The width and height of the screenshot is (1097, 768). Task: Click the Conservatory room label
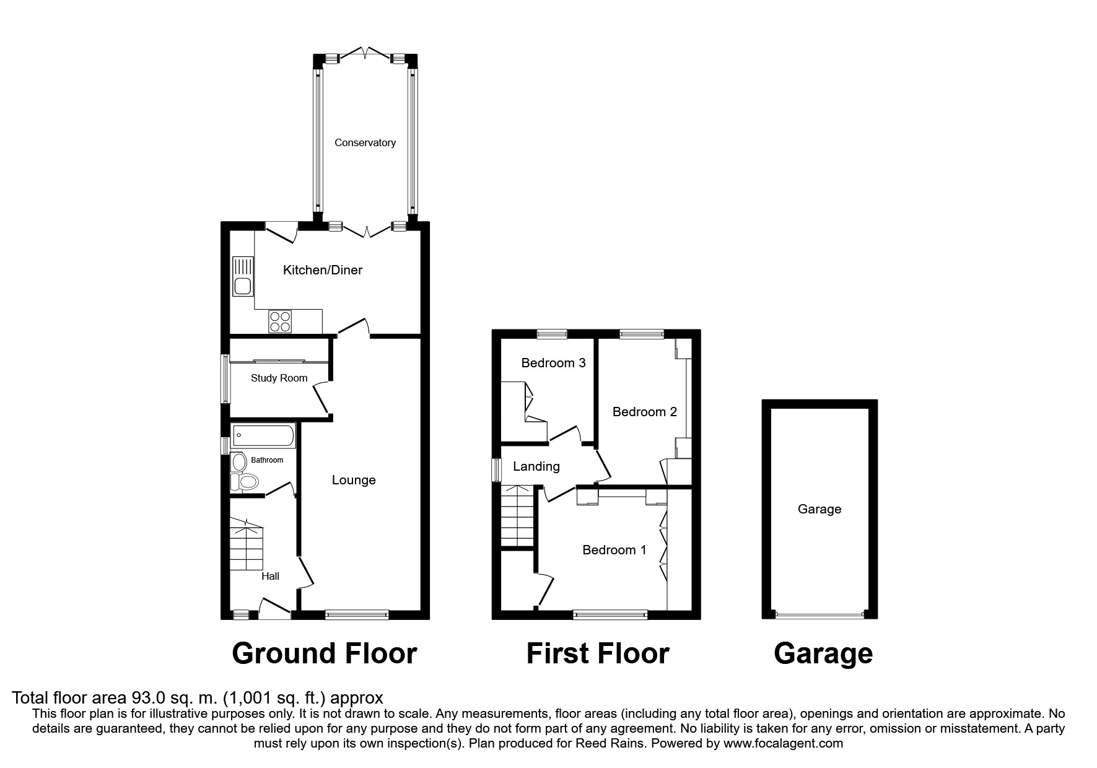click(x=365, y=142)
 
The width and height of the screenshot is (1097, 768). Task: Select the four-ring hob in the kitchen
click(x=279, y=321)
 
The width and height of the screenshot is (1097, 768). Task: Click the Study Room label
click(x=279, y=378)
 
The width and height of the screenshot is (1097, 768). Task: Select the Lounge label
click(x=354, y=480)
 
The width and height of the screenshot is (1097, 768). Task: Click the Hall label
click(x=270, y=576)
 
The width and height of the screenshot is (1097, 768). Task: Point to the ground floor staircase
click(x=247, y=545)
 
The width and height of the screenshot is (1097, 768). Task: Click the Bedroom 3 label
click(x=553, y=363)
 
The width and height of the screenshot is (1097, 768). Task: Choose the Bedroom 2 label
click(x=644, y=412)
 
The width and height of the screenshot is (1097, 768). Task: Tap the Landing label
click(x=536, y=466)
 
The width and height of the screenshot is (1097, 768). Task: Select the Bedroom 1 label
click(x=614, y=550)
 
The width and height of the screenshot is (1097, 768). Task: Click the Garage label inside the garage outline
click(x=819, y=509)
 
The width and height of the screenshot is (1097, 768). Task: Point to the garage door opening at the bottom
click(x=819, y=615)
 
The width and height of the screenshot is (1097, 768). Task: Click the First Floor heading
click(x=597, y=653)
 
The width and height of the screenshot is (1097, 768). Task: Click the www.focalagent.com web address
click(x=783, y=743)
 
